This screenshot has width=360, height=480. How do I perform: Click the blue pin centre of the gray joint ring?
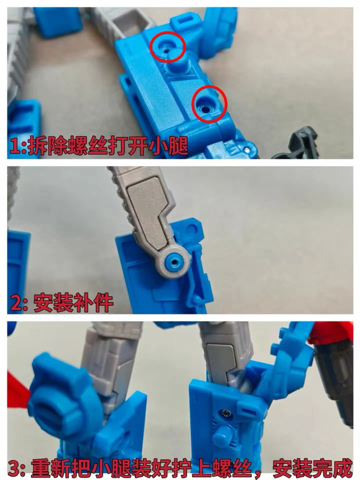point(175,261)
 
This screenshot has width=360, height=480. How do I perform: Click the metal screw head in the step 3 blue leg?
point(225,413)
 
